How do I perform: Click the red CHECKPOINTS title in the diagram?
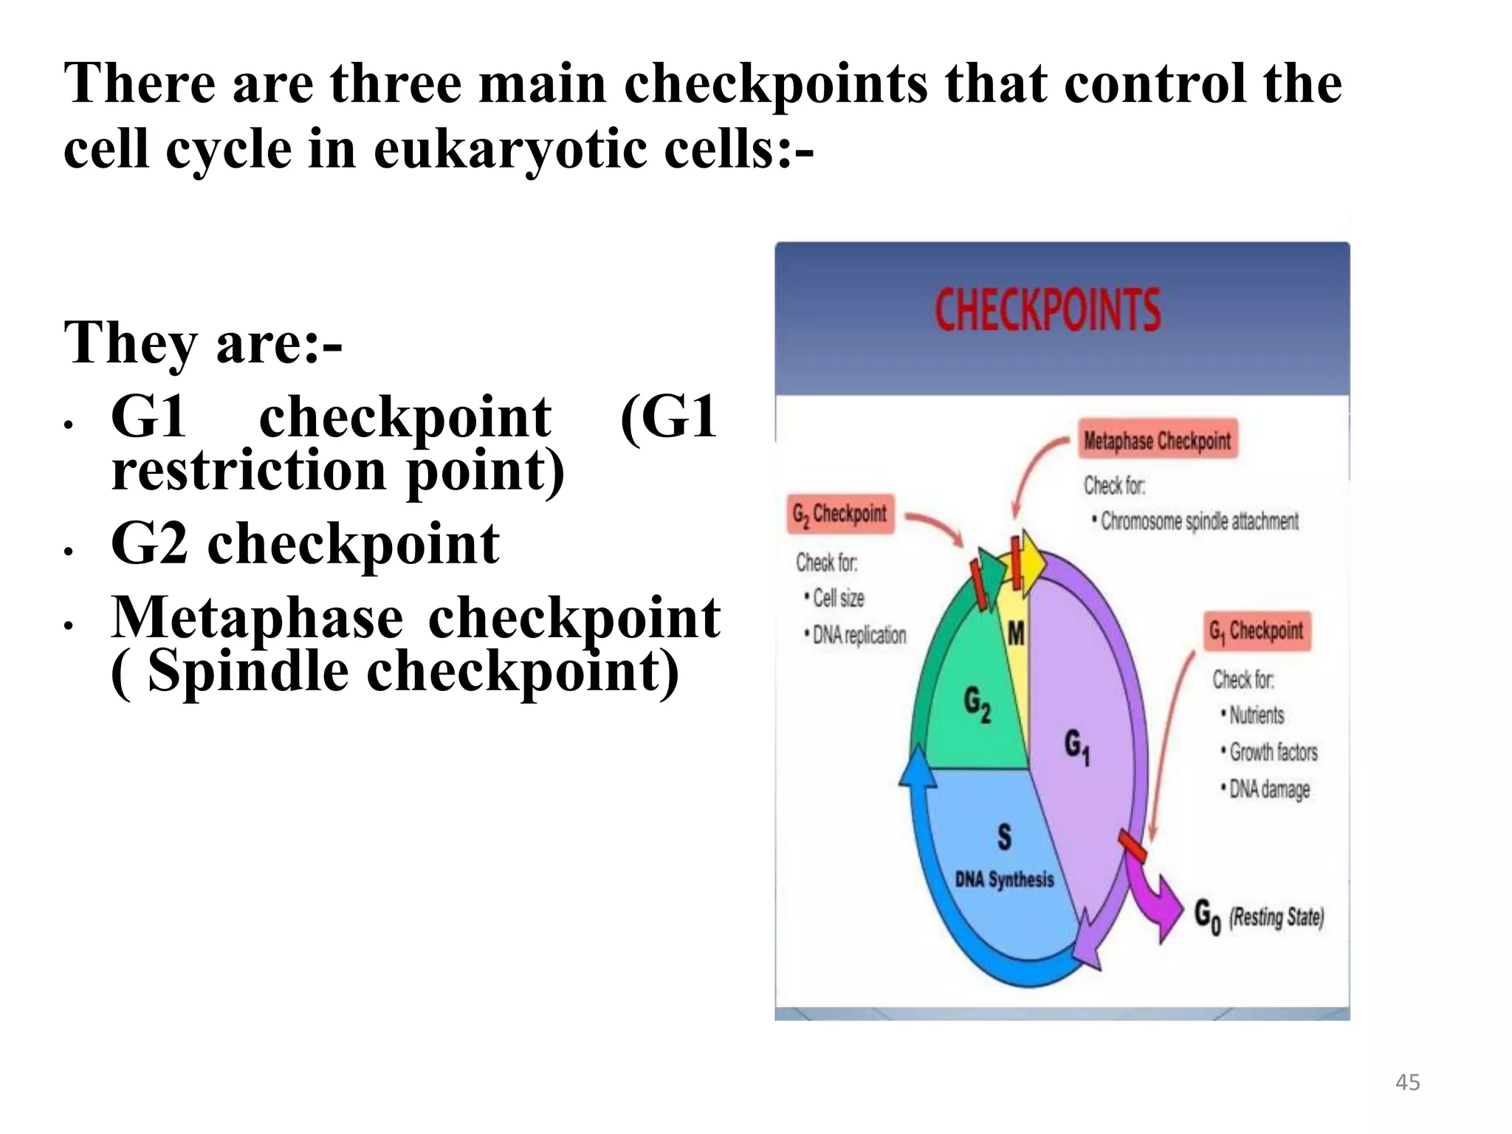(x=1048, y=309)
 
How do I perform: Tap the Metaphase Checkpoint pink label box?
(x=1157, y=441)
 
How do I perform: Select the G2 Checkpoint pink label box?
(x=840, y=514)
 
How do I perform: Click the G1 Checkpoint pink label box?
(x=1257, y=631)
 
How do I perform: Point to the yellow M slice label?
(x=1017, y=633)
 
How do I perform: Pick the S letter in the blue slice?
(x=1005, y=836)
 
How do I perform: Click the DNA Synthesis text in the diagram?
(x=1004, y=879)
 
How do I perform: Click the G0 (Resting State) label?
(x=1259, y=918)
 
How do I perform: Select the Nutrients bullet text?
(x=1256, y=715)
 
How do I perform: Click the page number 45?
(x=1407, y=1082)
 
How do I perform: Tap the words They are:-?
(x=203, y=343)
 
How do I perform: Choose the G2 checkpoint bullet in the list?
(x=305, y=544)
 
